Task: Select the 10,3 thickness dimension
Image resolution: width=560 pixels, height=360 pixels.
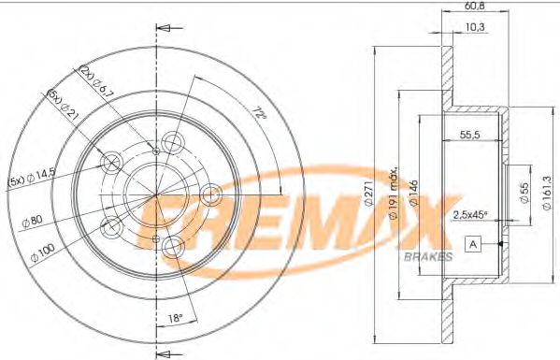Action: [x=475, y=27]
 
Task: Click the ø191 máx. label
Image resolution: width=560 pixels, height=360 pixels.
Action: [x=395, y=183]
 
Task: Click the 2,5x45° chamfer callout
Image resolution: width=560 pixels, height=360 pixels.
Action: [x=468, y=215]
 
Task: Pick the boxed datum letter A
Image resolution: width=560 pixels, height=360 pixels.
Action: [x=472, y=245]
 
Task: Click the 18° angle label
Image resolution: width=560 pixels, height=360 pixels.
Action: [x=175, y=319]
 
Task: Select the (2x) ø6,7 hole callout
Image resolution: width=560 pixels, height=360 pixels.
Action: [x=97, y=82]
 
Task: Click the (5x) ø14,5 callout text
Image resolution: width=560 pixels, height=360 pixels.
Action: [x=31, y=180]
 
